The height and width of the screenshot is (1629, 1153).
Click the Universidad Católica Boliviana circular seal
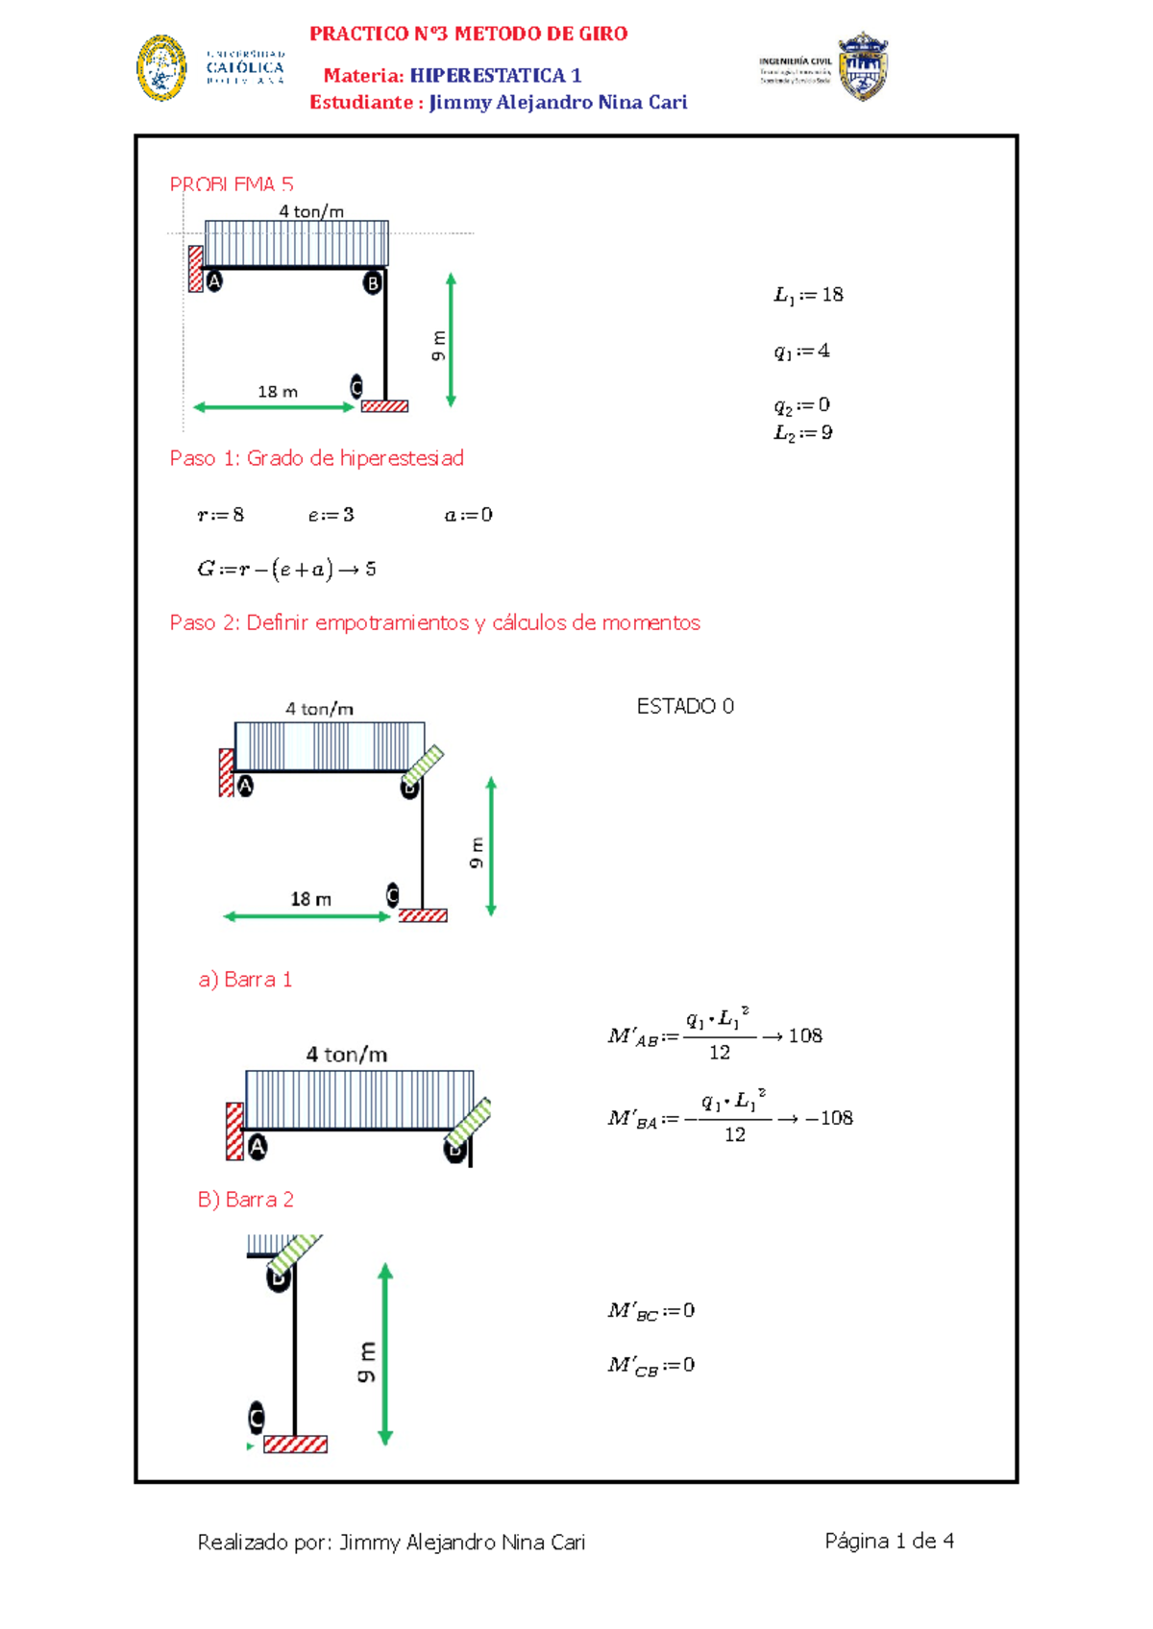click(161, 68)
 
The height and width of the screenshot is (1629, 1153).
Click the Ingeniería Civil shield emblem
click(862, 66)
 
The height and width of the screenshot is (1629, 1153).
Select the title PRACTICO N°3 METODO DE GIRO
click(468, 34)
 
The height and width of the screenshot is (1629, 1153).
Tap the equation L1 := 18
click(808, 295)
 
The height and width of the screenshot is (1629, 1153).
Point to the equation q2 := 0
click(801, 404)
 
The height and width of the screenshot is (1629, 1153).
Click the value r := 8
click(221, 515)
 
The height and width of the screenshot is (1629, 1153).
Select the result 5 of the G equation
click(371, 570)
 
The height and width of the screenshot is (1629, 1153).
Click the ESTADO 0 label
click(685, 706)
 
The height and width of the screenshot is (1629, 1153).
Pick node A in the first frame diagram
click(214, 281)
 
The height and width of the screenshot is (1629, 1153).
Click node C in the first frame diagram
click(356, 386)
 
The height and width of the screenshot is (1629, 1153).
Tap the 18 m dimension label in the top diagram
click(277, 392)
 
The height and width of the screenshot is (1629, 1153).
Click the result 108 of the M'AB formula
click(805, 1035)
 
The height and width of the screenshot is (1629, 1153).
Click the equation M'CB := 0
click(650, 1365)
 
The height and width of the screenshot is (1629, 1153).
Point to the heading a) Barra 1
click(245, 980)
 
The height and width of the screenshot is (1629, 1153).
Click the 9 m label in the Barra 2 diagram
click(366, 1362)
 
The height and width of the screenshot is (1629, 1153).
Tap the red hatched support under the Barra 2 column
click(295, 1444)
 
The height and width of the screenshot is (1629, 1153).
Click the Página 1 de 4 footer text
click(889, 1542)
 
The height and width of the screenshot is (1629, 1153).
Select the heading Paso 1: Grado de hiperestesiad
click(316, 458)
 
